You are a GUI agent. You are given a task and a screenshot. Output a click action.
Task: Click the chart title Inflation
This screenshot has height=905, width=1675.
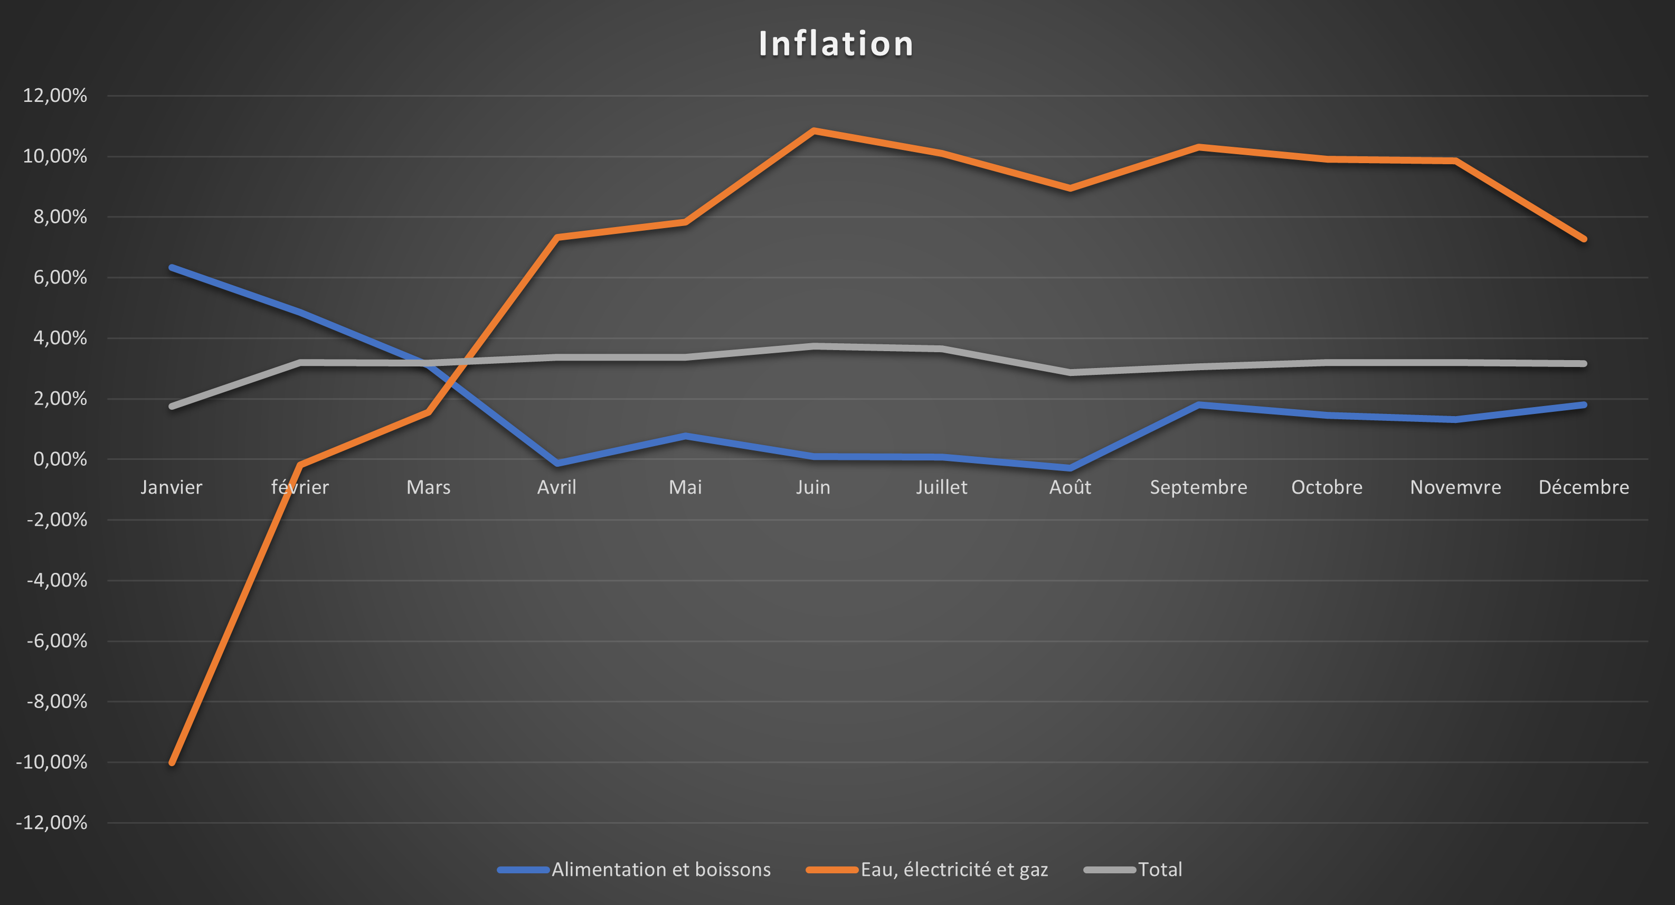tap(836, 44)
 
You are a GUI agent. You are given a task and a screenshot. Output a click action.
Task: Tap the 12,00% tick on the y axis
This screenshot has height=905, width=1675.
tap(54, 96)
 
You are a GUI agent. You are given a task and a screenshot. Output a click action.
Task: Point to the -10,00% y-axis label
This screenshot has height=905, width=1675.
tap(51, 762)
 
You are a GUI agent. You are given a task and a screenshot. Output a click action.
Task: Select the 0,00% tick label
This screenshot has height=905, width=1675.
tap(60, 459)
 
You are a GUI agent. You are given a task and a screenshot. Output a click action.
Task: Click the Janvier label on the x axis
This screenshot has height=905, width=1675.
tap(172, 487)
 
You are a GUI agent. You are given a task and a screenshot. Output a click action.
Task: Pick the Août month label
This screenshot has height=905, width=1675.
tap(1070, 487)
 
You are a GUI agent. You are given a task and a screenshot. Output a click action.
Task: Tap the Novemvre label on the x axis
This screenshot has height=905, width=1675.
tap(1455, 487)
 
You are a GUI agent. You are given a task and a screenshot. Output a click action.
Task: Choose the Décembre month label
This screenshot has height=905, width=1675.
tap(1583, 487)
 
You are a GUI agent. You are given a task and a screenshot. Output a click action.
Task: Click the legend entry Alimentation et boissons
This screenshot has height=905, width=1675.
tap(660, 869)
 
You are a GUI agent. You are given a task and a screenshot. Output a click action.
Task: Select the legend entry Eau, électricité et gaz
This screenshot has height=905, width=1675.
tap(954, 869)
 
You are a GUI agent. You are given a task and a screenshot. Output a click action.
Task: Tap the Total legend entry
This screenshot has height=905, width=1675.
tap(1159, 869)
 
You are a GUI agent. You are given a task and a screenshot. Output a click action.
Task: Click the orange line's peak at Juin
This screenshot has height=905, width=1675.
tap(813, 130)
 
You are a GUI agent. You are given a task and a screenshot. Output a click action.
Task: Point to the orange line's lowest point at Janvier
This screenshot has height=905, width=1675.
tap(172, 762)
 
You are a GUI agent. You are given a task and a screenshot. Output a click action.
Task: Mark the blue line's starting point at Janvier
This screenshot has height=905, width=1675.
tap(172, 267)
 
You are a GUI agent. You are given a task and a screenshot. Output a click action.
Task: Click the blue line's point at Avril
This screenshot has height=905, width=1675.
tap(557, 463)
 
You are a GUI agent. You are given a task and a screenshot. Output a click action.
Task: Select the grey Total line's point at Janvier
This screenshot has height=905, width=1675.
tap(172, 407)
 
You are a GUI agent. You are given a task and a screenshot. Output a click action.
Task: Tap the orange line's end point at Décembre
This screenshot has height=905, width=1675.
tap(1583, 239)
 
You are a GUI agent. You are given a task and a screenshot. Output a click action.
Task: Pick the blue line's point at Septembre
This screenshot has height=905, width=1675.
tap(1198, 404)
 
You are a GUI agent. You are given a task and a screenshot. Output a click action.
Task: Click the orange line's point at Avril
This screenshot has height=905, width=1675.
tap(557, 237)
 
